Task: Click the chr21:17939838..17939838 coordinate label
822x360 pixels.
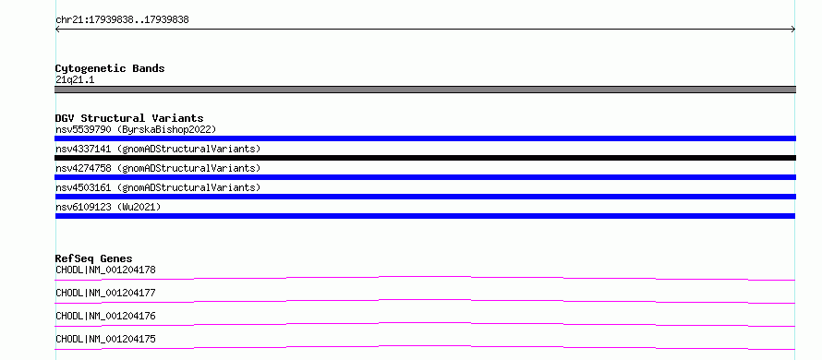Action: (x=122, y=20)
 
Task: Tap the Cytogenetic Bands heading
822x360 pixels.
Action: (x=110, y=68)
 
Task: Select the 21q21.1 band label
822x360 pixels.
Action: (x=75, y=79)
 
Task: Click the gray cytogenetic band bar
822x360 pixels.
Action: (x=425, y=90)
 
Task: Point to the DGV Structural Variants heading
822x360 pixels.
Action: (x=129, y=118)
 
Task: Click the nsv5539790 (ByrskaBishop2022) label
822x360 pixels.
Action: (x=136, y=129)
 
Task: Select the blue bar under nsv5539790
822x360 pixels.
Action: (x=425, y=138)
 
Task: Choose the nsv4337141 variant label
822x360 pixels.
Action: (x=158, y=149)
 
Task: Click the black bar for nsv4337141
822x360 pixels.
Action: (x=425, y=158)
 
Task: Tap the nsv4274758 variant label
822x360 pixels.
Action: (x=158, y=168)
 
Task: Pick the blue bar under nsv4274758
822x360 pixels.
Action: (x=425, y=177)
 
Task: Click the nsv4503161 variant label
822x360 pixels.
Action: (x=158, y=187)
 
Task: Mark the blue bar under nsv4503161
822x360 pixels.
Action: (x=425, y=197)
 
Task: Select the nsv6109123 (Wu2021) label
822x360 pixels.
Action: (x=108, y=207)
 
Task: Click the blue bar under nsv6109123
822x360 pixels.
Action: (x=425, y=216)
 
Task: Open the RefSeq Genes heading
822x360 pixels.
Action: (x=94, y=258)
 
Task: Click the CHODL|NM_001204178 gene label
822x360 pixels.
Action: (x=105, y=270)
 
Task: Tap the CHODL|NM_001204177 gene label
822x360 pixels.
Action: (x=105, y=293)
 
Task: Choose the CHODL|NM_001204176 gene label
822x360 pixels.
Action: (x=105, y=316)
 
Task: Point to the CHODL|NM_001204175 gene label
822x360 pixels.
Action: (x=105, y=339)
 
